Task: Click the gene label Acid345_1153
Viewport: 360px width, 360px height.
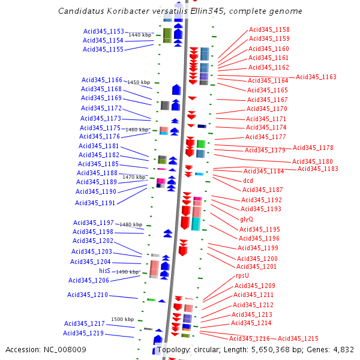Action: (x=103, y=31)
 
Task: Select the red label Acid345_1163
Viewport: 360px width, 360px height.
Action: (x=316, y=77)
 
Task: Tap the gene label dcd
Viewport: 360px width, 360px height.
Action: (x=248, y=180)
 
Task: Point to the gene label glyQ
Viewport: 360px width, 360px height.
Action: (x=247, y=219)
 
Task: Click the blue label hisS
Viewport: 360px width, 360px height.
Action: (x=104, y=271)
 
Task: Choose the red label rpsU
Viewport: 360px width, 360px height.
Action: (x=242, y=275)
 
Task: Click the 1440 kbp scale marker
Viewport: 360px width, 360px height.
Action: (x=139, y=35)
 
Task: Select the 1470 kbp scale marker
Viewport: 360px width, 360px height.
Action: (x=134, y=177)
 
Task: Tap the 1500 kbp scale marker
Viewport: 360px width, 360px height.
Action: (x=122, y=319)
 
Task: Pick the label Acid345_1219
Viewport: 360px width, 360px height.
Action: (x=83, y=333)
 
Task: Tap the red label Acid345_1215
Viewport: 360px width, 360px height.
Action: (x=298, y=338)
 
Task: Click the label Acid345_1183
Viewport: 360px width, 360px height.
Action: (x=317, y=169)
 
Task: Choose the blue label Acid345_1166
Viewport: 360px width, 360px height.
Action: (x=102, y=80)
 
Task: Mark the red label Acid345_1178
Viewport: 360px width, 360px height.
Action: (x=313, y=148)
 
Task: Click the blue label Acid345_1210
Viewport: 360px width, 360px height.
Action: (x=88, y=295)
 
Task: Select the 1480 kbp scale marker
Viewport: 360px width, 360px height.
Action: (x=130, y=224)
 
